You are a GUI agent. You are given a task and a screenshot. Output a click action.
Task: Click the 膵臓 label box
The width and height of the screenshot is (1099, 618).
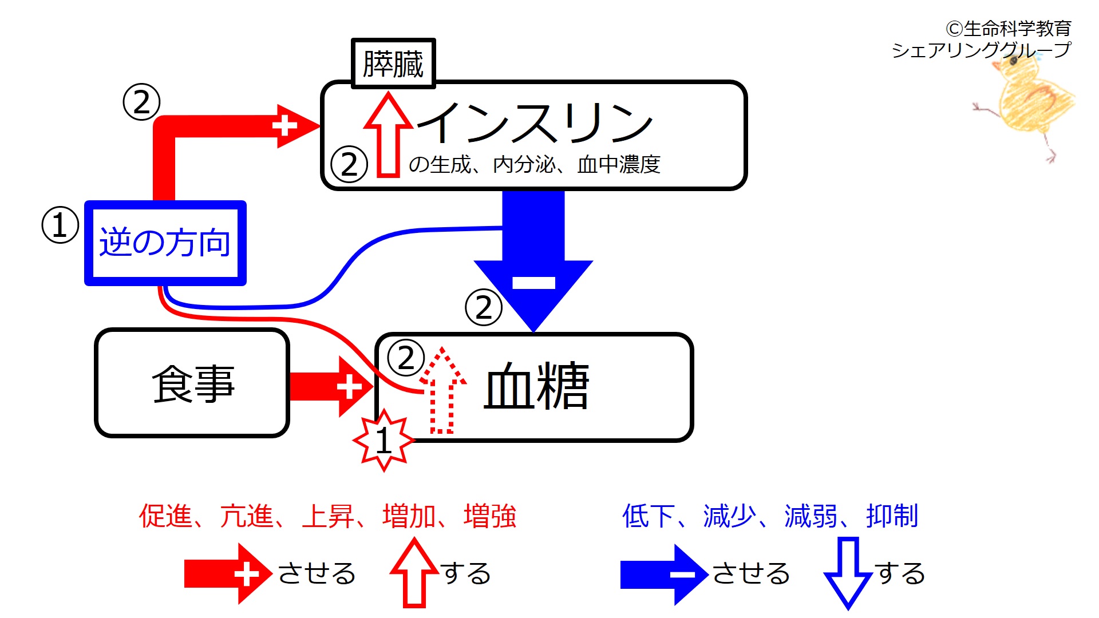coord(393,64)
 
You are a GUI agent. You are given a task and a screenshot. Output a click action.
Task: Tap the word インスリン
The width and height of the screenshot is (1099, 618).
coord(535,122)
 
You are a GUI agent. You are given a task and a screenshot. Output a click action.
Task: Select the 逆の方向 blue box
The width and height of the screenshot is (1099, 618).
coord(165,243)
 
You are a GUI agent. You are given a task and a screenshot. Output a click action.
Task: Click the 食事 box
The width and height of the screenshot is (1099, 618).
coord(192,383)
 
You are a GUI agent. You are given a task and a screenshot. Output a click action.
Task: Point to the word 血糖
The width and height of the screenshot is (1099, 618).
coord(536,386)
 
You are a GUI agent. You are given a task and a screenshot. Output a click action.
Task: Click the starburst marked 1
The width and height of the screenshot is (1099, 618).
coord(384,440)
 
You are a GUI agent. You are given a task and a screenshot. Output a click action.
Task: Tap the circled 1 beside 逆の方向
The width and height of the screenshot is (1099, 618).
coord(60,225)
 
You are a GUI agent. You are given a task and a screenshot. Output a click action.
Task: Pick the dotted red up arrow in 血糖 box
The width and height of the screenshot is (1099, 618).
coord(442,392)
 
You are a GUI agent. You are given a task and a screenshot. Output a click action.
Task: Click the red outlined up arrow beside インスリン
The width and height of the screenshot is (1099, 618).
coord(388,134)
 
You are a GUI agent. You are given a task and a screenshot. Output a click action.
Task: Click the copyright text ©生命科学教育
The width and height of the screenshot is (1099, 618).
coord(1009,28)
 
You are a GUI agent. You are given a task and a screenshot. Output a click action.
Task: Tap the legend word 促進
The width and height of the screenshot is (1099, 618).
coord(165,516)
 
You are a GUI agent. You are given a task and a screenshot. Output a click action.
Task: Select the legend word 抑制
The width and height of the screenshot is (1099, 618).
coord(892,516)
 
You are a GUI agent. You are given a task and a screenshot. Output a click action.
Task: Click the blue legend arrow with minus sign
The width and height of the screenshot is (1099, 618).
coord(664,574)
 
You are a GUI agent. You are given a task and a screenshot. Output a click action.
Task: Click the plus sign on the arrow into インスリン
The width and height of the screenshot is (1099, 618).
coord(284,126)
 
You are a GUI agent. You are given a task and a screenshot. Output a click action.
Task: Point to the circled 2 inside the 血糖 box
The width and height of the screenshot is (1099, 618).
coord(406,358)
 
